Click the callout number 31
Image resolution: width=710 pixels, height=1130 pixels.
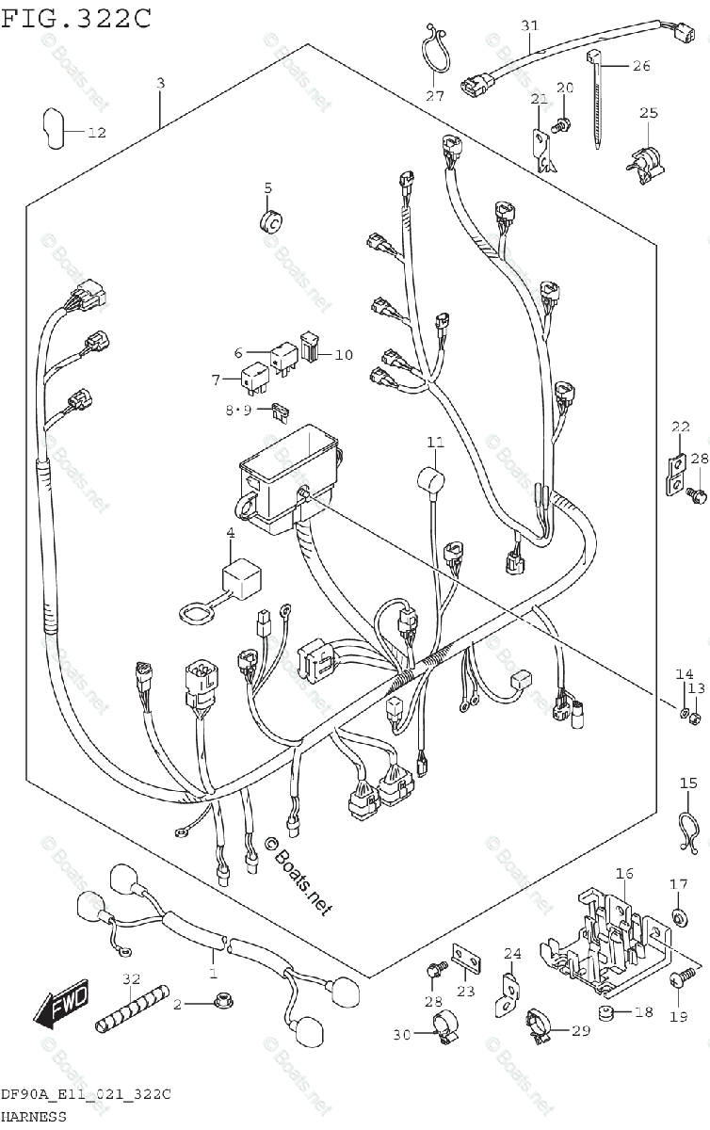click(530, 25)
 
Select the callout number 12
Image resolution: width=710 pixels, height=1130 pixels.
click(98, 133)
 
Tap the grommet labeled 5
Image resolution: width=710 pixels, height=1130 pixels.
click(268, 223)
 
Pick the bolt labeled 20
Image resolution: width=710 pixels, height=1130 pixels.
click(561, 121)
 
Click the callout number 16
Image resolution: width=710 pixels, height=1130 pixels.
click(624, 874)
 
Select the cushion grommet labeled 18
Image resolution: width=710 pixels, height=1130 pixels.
click(607, 1015)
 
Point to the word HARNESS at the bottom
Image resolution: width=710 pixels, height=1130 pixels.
click(34, 1117)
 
